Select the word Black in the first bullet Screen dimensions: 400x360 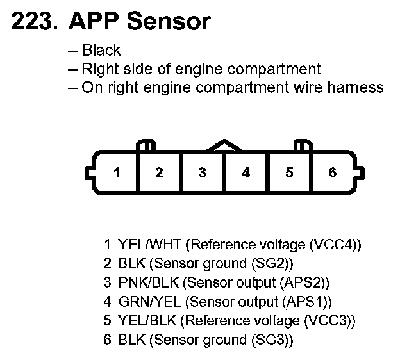(x=101, y=51)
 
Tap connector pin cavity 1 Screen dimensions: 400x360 (x=117, y=173)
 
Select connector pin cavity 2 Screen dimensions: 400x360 (x=159, y=173)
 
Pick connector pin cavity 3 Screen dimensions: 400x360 (x=203, y=173)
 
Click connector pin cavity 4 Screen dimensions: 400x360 (x=246, y=173)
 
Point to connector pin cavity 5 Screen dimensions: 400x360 (x=289, y=173)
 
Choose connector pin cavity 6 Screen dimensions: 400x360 (x=332, y=173)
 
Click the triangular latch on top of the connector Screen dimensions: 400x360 (x=224, y=146)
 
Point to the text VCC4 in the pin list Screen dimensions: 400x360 (x=334, y=244)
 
